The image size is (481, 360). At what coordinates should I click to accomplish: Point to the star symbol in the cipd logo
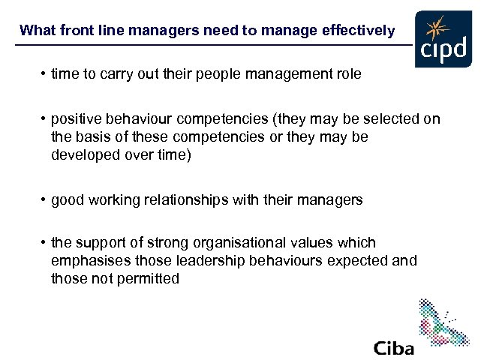434,29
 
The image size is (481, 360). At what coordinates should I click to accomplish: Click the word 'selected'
395,119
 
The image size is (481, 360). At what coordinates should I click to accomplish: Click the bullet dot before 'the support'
44,243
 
